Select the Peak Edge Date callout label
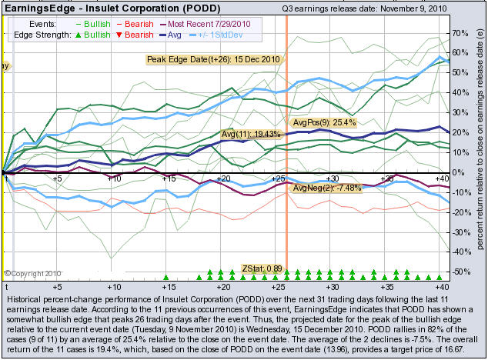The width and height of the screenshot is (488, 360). pos(214,59)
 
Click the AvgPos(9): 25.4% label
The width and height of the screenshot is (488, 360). pos(325,122)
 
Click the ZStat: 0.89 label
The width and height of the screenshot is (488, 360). pos(262,268)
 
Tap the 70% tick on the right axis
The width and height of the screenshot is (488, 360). pos(460,34)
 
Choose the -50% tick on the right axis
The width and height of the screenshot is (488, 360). pos(460,272)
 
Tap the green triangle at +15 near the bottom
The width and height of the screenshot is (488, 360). pos(166,276)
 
